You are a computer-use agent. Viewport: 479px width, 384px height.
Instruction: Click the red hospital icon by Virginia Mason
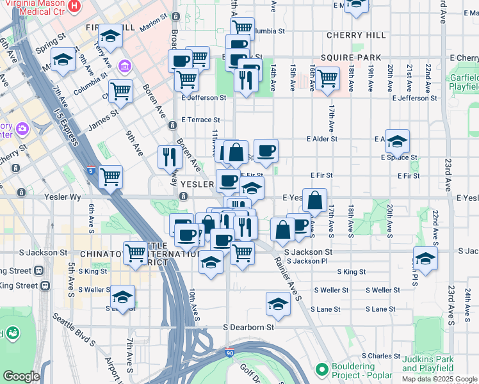click(74, 6)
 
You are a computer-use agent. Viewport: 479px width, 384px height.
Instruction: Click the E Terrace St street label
click(200, 120)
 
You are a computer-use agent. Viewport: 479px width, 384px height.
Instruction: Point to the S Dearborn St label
click(248, 327)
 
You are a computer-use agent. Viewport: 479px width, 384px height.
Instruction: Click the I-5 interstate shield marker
click(91, 171)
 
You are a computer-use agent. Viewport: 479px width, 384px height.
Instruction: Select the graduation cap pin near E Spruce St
click(397, 141)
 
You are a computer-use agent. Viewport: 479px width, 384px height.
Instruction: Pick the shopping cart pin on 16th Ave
click(327, 78)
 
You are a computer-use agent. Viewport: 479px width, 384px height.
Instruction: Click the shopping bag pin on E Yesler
click(314, 200)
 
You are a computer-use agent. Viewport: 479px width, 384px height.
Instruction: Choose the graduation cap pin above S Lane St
click(278, 303)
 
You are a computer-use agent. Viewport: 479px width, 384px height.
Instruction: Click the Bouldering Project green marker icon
click(322, 369)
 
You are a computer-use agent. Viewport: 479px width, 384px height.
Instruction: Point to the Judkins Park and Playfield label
click(428, 364)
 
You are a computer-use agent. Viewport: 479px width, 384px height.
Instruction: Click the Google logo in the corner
click(21, 376)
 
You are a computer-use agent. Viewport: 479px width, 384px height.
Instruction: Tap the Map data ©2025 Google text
click(439, 379)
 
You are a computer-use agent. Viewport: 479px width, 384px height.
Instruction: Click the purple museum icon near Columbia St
click(124, 67)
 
